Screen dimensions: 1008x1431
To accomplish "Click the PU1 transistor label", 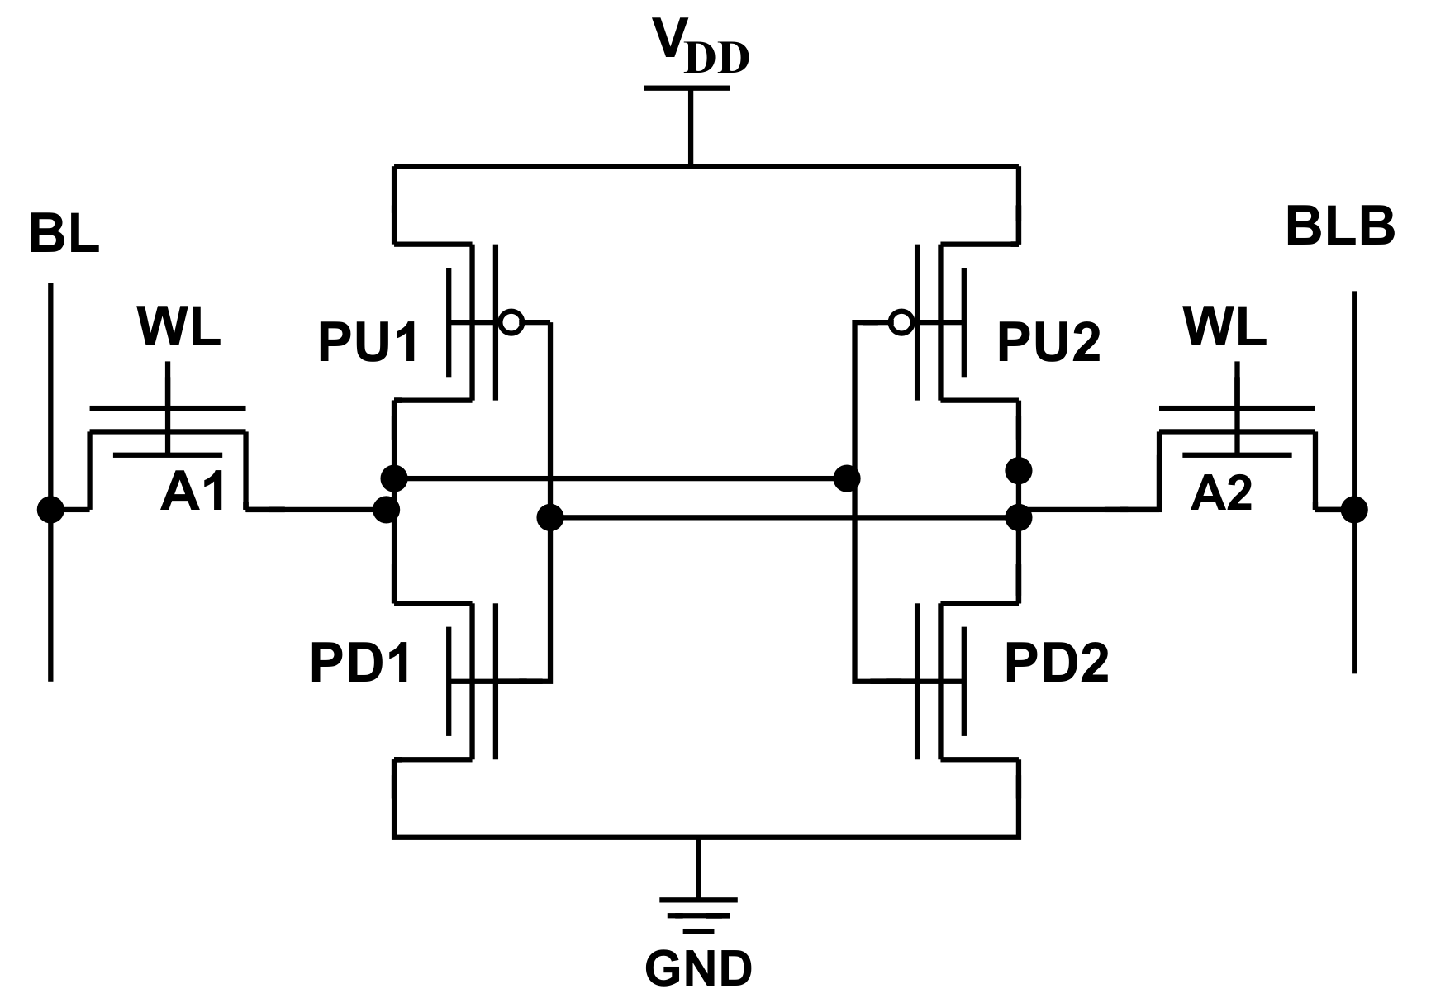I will (368, 343).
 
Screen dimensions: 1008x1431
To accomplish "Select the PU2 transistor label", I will (1048, 343).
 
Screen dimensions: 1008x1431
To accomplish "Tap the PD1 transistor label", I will (360, 663).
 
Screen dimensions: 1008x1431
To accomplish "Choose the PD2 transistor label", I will (1056, 663).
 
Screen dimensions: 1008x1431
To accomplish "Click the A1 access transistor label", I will (193, 493).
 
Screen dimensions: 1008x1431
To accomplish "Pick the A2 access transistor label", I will (1221, 494).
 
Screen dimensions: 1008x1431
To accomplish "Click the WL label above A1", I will (179, 327).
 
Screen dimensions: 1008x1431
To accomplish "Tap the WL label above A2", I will (1224, 327).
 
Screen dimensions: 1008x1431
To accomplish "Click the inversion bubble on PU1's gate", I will (511, 322).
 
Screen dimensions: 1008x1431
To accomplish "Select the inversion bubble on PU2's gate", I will (901, 322).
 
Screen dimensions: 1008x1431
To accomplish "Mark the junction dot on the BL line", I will (50, 510).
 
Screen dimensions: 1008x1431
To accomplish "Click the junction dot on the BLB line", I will (1353, 510).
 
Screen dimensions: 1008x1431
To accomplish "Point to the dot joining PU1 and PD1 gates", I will (549, 518).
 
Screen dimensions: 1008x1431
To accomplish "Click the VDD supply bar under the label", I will (687, 88).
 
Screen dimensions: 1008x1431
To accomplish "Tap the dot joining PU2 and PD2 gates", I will (847, 478).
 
